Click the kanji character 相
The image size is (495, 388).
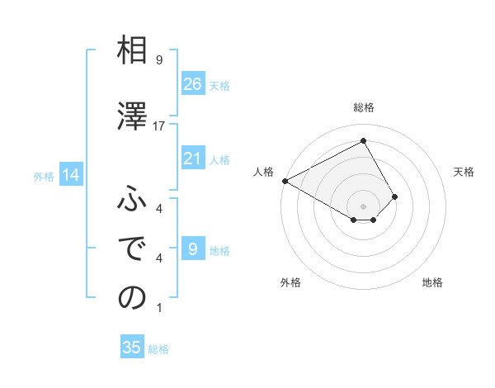click(x=132, y=51)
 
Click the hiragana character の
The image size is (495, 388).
click(x=132, y=297)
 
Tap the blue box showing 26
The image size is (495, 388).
click(x=193, y=83)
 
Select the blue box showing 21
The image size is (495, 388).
click(x=193, y=159)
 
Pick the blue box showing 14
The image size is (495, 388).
click(x=70, y=175)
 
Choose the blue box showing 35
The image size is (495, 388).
click(x=132, y=348)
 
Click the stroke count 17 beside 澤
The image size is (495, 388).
click(x=159, y=125)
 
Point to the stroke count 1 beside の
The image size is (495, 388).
click(x=159, y=308)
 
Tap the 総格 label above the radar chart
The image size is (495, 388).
click(x=364, y=107)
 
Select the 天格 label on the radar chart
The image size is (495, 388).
click(x=464, y=172)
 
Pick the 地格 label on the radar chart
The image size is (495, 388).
click(x=432, y=282)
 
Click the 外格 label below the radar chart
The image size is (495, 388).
click(x=290, y=282)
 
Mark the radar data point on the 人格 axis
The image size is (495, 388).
click(x=285, y=180)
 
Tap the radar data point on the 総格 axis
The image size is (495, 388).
click(x=364, y=141)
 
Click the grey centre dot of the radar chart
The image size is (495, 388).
click(x=364, y=205)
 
